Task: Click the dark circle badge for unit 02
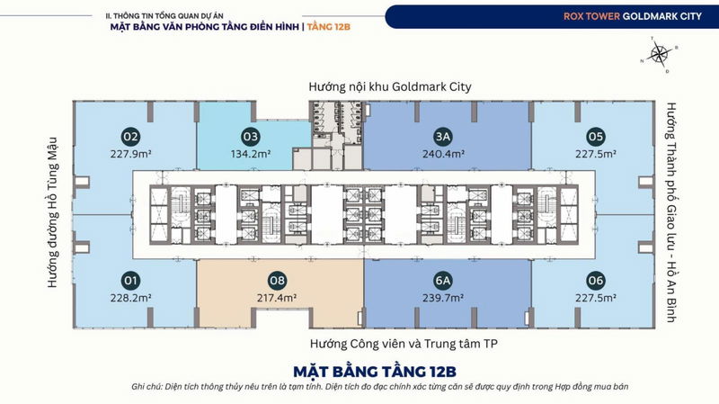click(130, 137)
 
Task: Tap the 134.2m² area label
click(251, 154)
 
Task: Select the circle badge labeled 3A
click(443, 137)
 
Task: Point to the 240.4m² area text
click(443, 154)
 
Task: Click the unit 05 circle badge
click(596, 137)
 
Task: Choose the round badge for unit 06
click(596, 281)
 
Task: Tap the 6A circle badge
click(443, 281)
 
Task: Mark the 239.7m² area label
click(443, 298)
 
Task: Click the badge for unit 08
click(277, 281)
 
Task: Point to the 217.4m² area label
click(277, 298)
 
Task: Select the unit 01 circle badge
click(130, 281)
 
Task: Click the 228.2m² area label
click(130, 298)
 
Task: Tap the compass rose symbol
click(659, 54)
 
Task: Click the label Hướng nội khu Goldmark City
click(390, 86)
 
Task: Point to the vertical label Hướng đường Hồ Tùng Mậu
click(53, 212)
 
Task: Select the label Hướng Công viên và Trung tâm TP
click(404, 344)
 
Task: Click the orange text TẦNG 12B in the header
click(329, 27)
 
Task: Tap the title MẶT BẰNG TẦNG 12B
click(375, 372)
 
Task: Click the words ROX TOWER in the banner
click(591, 16)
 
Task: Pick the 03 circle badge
click(251, 137)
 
